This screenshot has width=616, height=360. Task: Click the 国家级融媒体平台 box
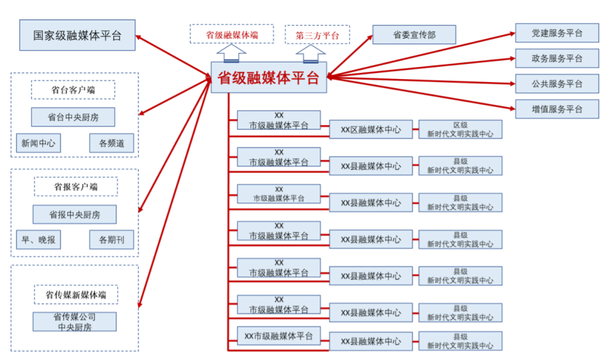click(x=77, y=35)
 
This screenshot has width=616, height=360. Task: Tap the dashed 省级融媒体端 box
click(x=232, y=34)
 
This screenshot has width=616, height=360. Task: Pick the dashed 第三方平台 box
click(x=317, y=35)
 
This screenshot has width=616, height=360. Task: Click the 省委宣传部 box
click(x=414, y=35)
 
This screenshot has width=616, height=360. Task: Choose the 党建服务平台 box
click(x=557, y=33)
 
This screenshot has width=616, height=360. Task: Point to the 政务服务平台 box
click(x=557, y=58)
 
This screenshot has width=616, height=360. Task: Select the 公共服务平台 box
click(x=557, y=84)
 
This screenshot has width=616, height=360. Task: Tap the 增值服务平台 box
click(x=557, y=109)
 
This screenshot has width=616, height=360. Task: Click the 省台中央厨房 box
click(x=73, y=117)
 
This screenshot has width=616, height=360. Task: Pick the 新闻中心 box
click(x=38, y=143)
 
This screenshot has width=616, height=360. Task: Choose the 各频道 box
click(x=111, y=143)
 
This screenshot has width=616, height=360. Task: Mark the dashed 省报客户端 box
click(x=76, y=187)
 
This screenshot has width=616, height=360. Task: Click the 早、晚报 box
click(x=38, y=240)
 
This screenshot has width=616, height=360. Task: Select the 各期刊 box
click(x=111, y=240)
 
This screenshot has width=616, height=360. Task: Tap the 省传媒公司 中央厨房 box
click(x=74, y=322)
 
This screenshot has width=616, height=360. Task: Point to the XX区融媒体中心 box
click(x=370, y=130)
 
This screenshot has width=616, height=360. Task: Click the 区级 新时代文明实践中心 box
click(x=460, y=130)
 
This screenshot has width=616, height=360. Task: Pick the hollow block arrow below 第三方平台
click(x=310, y=54)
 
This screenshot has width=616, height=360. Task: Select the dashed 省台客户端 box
click(x=73, y=90)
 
